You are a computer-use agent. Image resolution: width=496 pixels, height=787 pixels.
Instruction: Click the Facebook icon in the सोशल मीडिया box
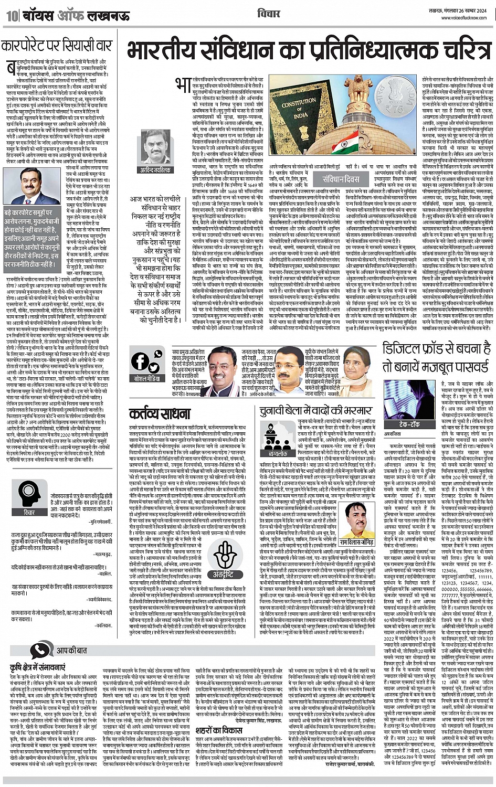pos(140,361)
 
